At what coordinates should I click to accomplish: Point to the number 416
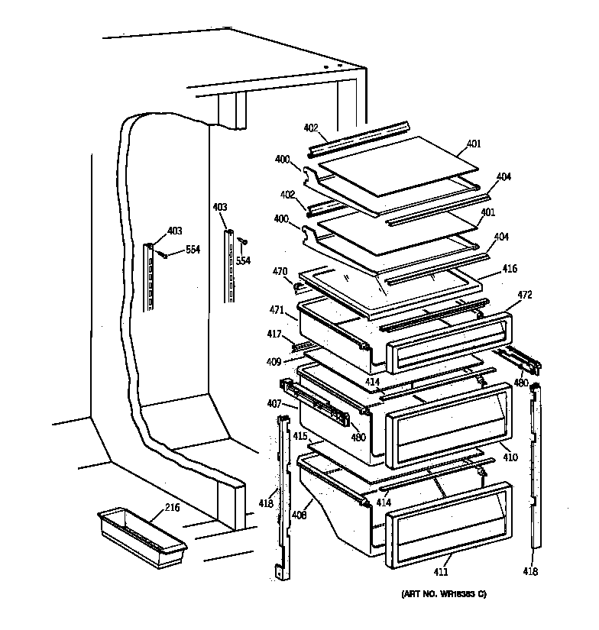509,269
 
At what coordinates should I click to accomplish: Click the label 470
280,270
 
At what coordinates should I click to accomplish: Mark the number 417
274,334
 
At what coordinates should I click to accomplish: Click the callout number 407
274,404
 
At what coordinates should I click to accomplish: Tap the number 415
300,437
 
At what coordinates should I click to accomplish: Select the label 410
510,457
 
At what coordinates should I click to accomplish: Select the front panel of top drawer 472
448,342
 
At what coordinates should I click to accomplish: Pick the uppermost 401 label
474,144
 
